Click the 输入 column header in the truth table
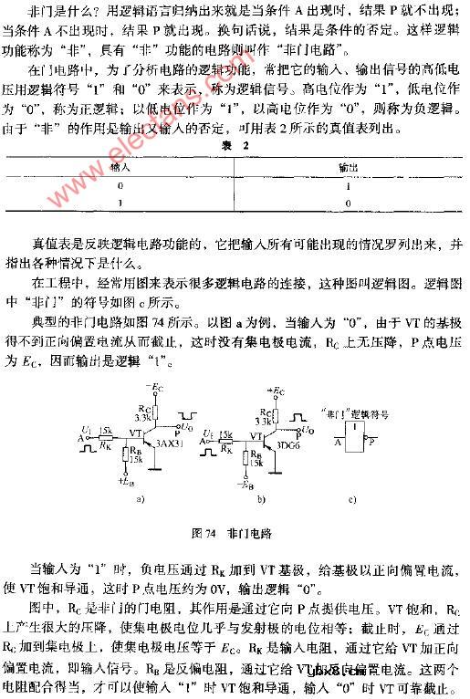(121, 168)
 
